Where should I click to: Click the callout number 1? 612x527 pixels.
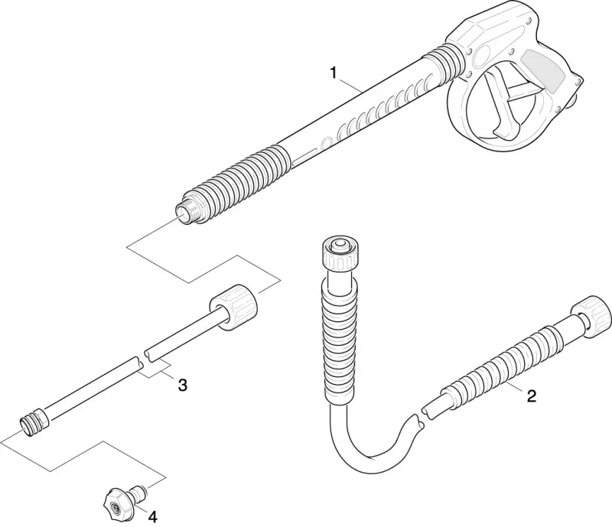tap(333, 73)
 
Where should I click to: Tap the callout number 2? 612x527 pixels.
tap(531, 396)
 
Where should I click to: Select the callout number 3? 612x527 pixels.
tap(182, 385)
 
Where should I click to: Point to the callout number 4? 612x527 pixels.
tap(152, 517)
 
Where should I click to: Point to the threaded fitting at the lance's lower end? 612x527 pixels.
tap(34, 421)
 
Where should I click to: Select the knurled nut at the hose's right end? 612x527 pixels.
tap(591, 314)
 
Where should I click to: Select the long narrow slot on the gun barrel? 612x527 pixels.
tap(307, 156)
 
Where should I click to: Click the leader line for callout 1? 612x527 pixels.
tap(350, 86)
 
